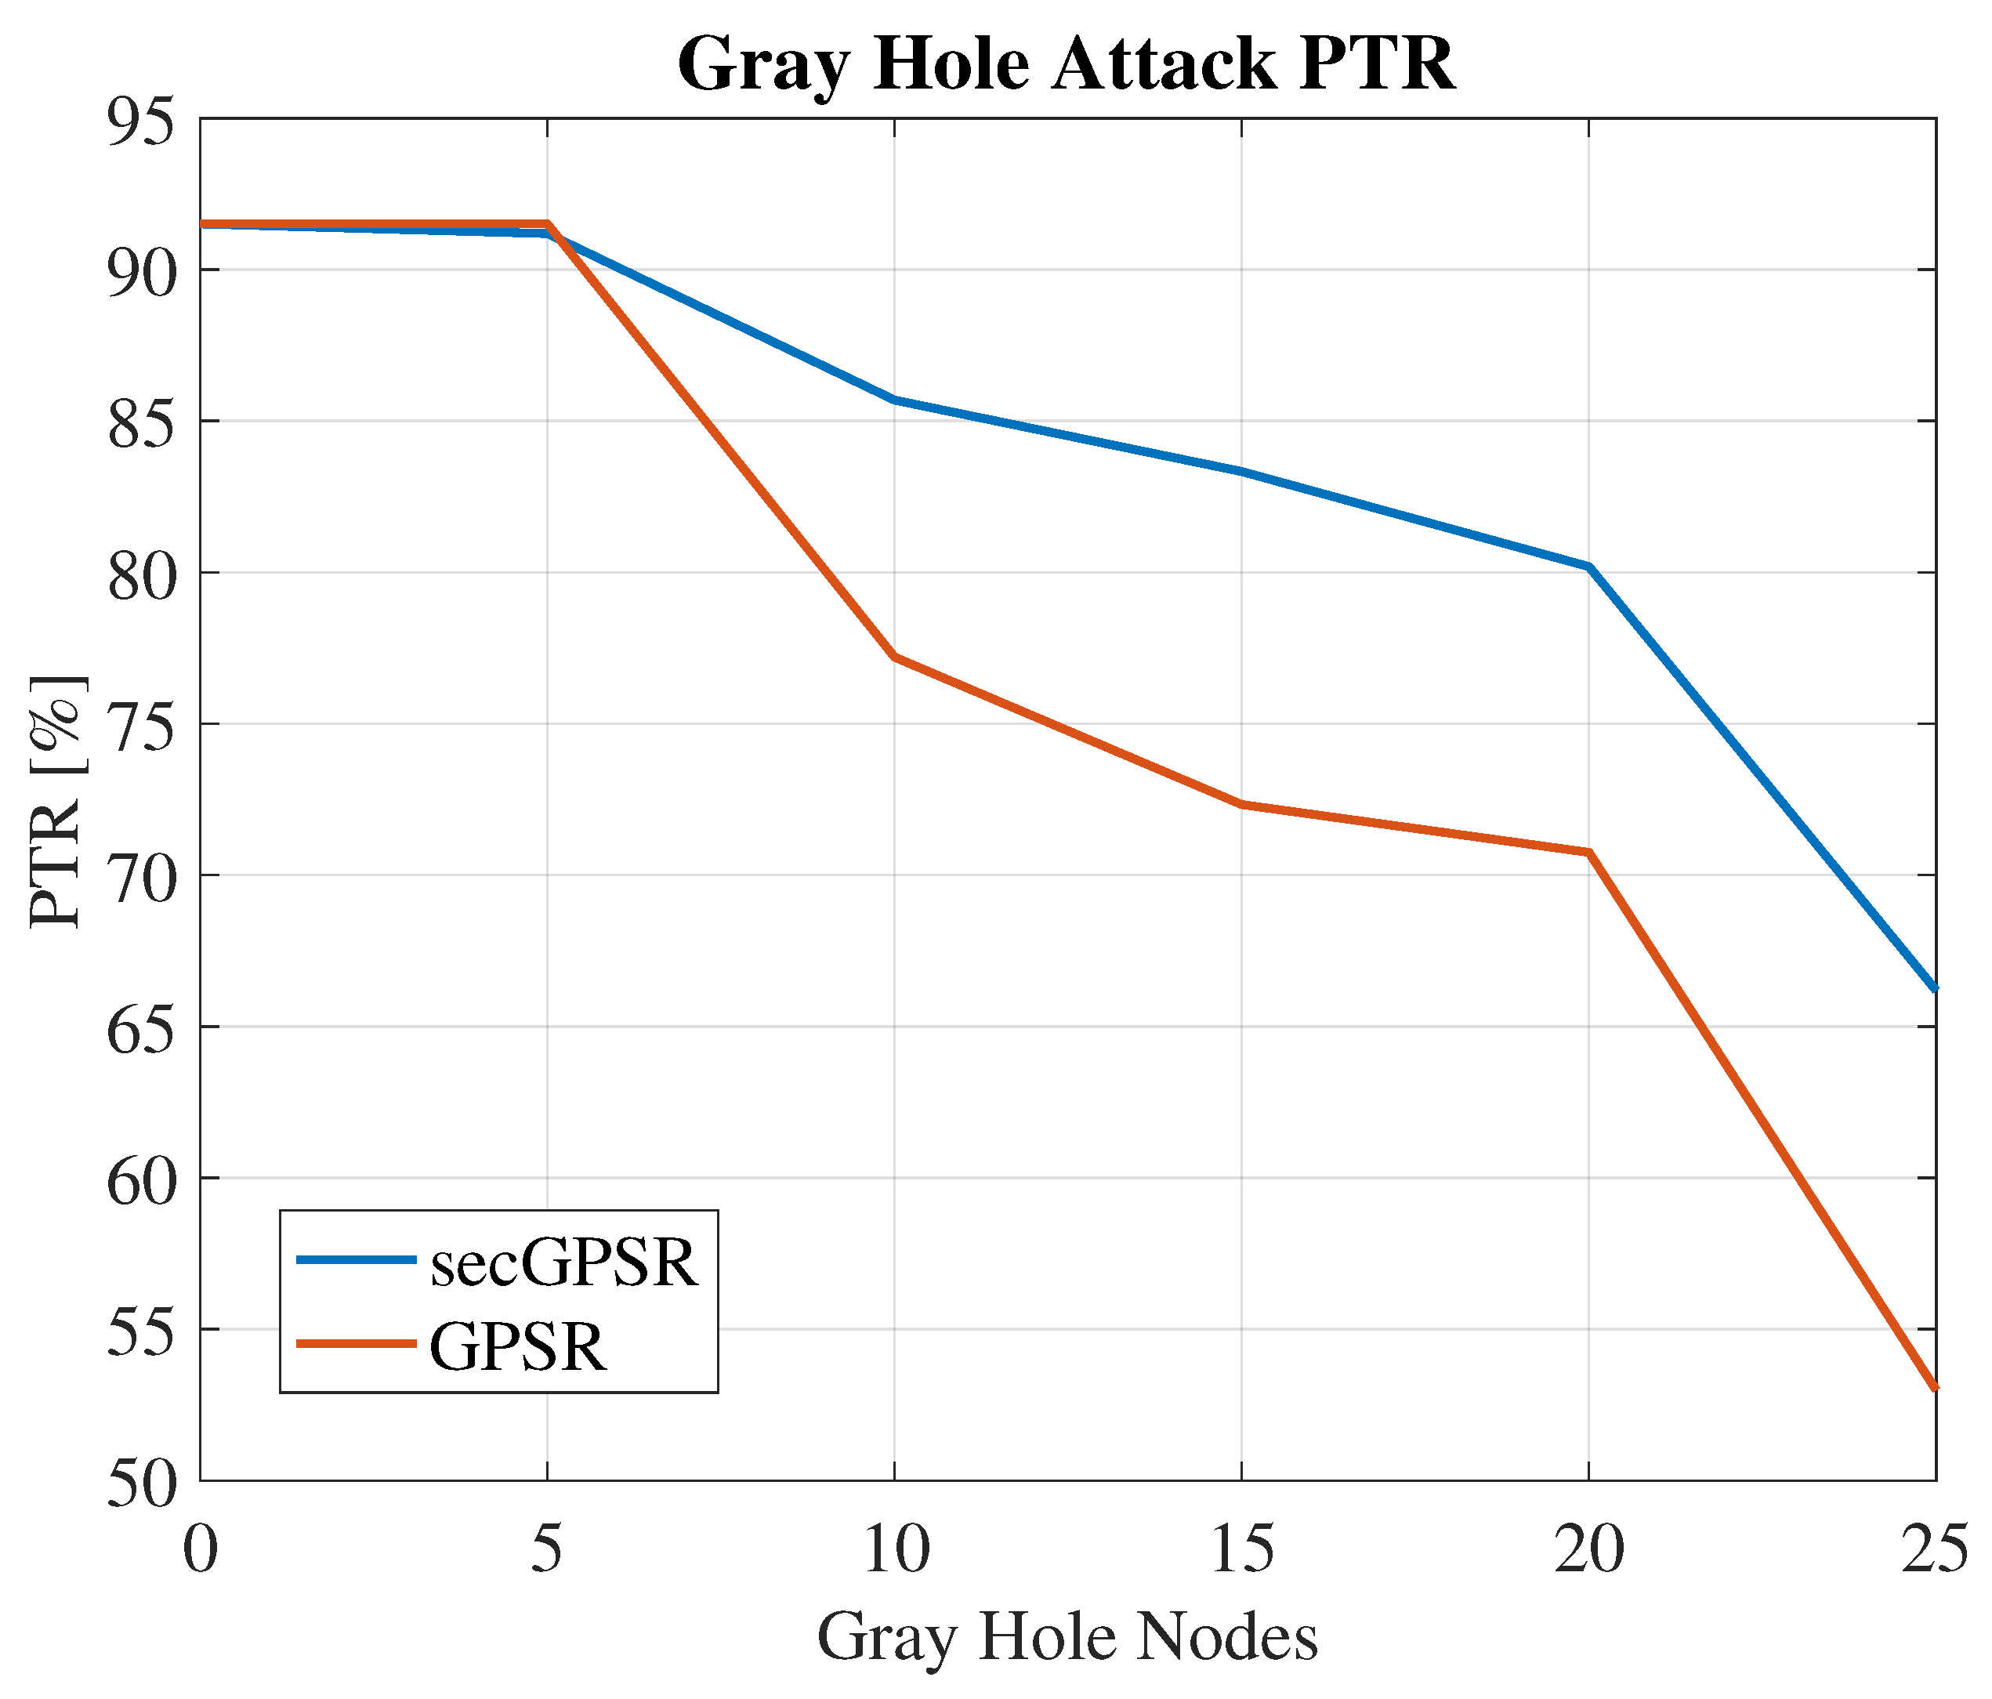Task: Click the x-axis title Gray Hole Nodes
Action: (x=1067, y=1636)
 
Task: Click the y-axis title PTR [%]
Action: (x=56, y=802)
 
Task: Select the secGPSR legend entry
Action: (x=563, y=1262)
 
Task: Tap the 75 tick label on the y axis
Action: (x=143, y=725)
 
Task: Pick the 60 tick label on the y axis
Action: (x=143, y=1179)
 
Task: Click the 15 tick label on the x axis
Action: (x=1241, y=1550)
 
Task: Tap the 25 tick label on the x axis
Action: (x=1932, y=1550)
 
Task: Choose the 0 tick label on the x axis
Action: (x=200, y=1550)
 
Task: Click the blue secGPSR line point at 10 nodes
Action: (x=894, y=399)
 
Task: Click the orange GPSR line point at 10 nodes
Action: (x=894, y=657)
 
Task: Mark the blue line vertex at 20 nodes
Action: (x=1588, y=567)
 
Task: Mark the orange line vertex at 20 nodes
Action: (x=1588, y=852)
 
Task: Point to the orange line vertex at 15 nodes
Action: (x=1241, y=804)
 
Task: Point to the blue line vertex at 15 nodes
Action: (x=1241, y=471)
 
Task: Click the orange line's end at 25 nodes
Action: (x=1932, y=1386)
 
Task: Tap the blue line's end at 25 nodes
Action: (x=1932, y=987)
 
